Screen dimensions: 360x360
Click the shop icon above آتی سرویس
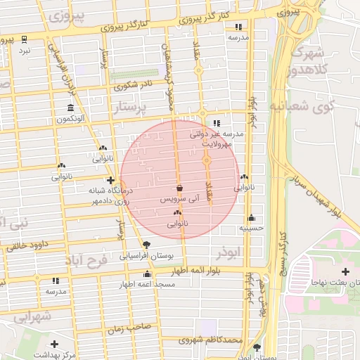point(180,188)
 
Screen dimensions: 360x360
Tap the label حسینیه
point(251,228)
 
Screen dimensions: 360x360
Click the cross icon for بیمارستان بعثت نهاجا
point(345,271)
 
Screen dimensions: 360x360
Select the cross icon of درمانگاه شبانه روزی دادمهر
point(110,181)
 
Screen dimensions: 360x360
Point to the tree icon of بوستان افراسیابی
point(146,245)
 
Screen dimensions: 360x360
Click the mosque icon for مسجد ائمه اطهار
point(147,274)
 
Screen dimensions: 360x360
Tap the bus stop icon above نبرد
point(25,39)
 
